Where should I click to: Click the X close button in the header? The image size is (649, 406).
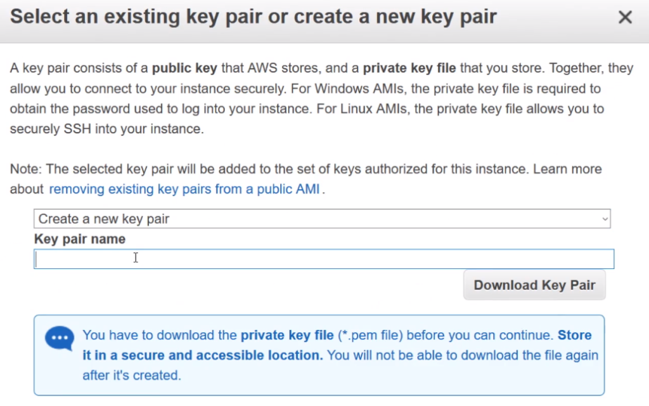tap(625, 18)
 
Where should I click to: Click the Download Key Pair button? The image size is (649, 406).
tap(534, 285)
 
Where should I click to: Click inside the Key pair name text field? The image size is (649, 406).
tap(323, 259)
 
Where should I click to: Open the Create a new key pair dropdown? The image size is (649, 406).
tap(321, 219)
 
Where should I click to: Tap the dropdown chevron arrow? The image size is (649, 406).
tap(605, 219)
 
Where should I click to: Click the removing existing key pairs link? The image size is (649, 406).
tap(184, 189)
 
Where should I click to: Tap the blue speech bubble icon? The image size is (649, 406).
tap(60, 338)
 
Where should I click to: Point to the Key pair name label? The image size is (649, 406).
tap(80, 239)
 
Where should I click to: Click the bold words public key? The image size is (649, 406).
tap(184, 68)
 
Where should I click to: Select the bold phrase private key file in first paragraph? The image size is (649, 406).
tap(409, 68)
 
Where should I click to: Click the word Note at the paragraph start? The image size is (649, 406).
tap(25, 169)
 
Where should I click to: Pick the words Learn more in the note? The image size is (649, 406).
tap(567, 169)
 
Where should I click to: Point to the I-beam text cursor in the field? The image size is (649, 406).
tap(136, 258)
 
